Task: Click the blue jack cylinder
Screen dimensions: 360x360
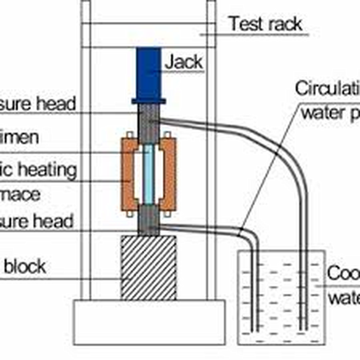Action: pos(149,72)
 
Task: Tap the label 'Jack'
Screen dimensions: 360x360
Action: pos(183,62)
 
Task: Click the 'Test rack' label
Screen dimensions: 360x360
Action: pos(265,23)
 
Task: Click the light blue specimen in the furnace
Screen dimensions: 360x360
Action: pos(149,173)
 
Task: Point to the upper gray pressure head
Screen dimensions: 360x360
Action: pos(149,122)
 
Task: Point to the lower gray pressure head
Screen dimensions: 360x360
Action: pos(149,221)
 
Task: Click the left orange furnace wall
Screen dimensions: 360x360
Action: pos(129,173)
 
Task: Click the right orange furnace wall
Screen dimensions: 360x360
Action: pos(169,173)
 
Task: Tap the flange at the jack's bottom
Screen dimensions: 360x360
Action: pos(149,100)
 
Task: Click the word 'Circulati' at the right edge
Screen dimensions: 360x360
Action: pos(327,88)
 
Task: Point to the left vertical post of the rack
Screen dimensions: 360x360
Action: pos(86,160)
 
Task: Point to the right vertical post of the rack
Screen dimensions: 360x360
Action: pos(211,160)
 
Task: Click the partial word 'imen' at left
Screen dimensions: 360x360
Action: pos(20,137)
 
